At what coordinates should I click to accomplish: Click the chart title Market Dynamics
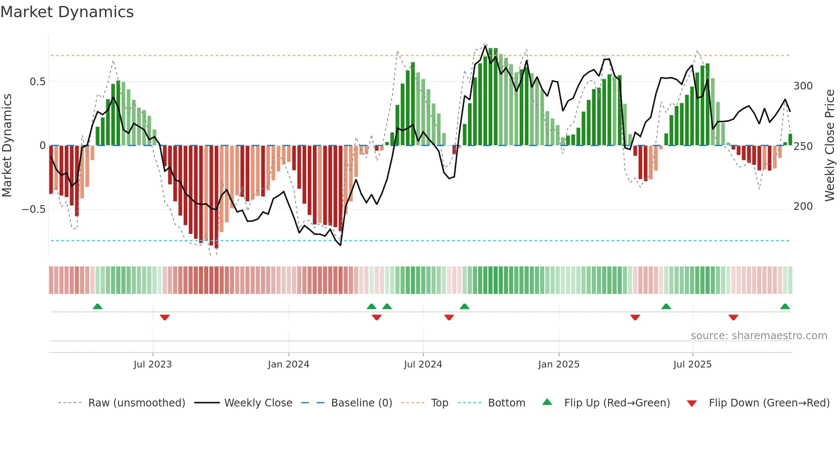(67, 12)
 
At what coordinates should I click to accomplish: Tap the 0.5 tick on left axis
(37, 82)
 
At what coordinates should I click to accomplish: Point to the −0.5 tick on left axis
(34, 209)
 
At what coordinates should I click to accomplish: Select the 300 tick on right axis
(803, 86)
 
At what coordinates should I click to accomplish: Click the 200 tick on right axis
(803, 206)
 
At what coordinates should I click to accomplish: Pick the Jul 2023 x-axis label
(153, 364)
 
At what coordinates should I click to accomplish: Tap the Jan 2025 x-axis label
(558, 364)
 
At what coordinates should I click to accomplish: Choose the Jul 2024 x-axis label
(423, 364)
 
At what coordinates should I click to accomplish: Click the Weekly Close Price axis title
(830, 146)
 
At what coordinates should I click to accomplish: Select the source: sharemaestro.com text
(759, 336)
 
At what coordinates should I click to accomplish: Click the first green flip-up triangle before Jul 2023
(98, 307)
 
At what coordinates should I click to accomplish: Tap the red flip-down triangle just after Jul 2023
(165, 317)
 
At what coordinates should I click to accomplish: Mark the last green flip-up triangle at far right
(785, 307)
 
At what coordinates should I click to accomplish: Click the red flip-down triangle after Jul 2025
(733, 317)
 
